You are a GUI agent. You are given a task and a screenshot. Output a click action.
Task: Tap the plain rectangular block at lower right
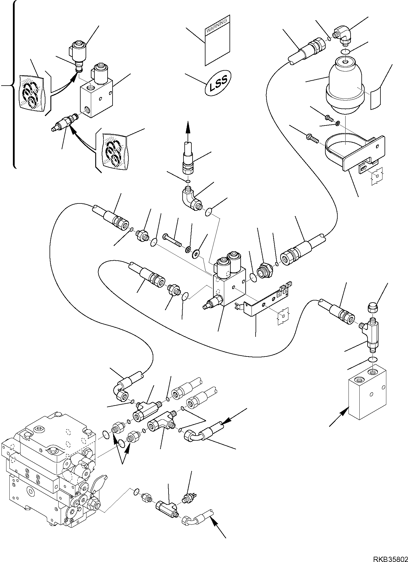(x=367, y=393)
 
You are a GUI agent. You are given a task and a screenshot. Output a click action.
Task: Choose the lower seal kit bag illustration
(x=115, y=151)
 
